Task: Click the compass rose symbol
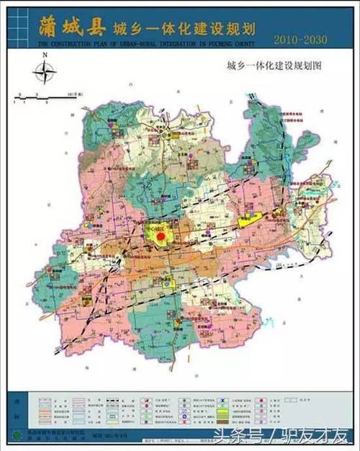coord(45,71)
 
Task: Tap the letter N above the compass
coord(45,55)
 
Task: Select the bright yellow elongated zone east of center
coord(250,220)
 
